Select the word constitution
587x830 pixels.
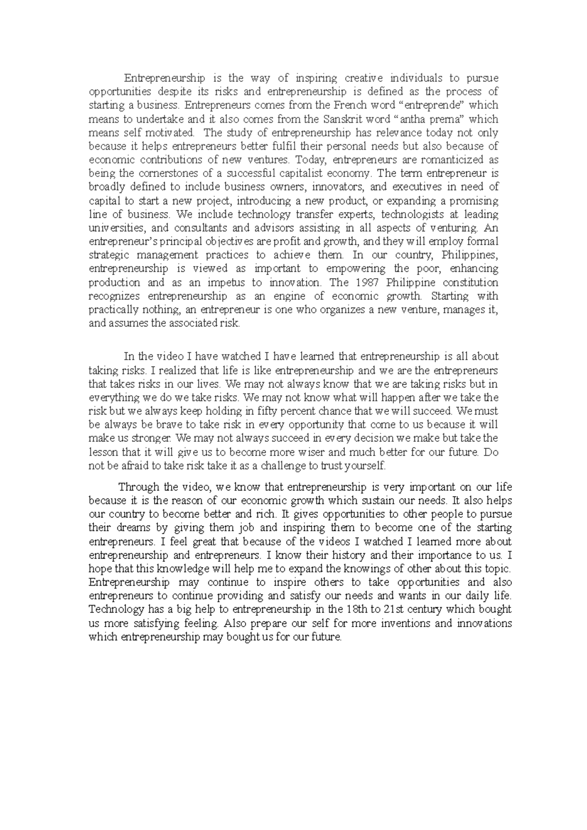471,283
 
